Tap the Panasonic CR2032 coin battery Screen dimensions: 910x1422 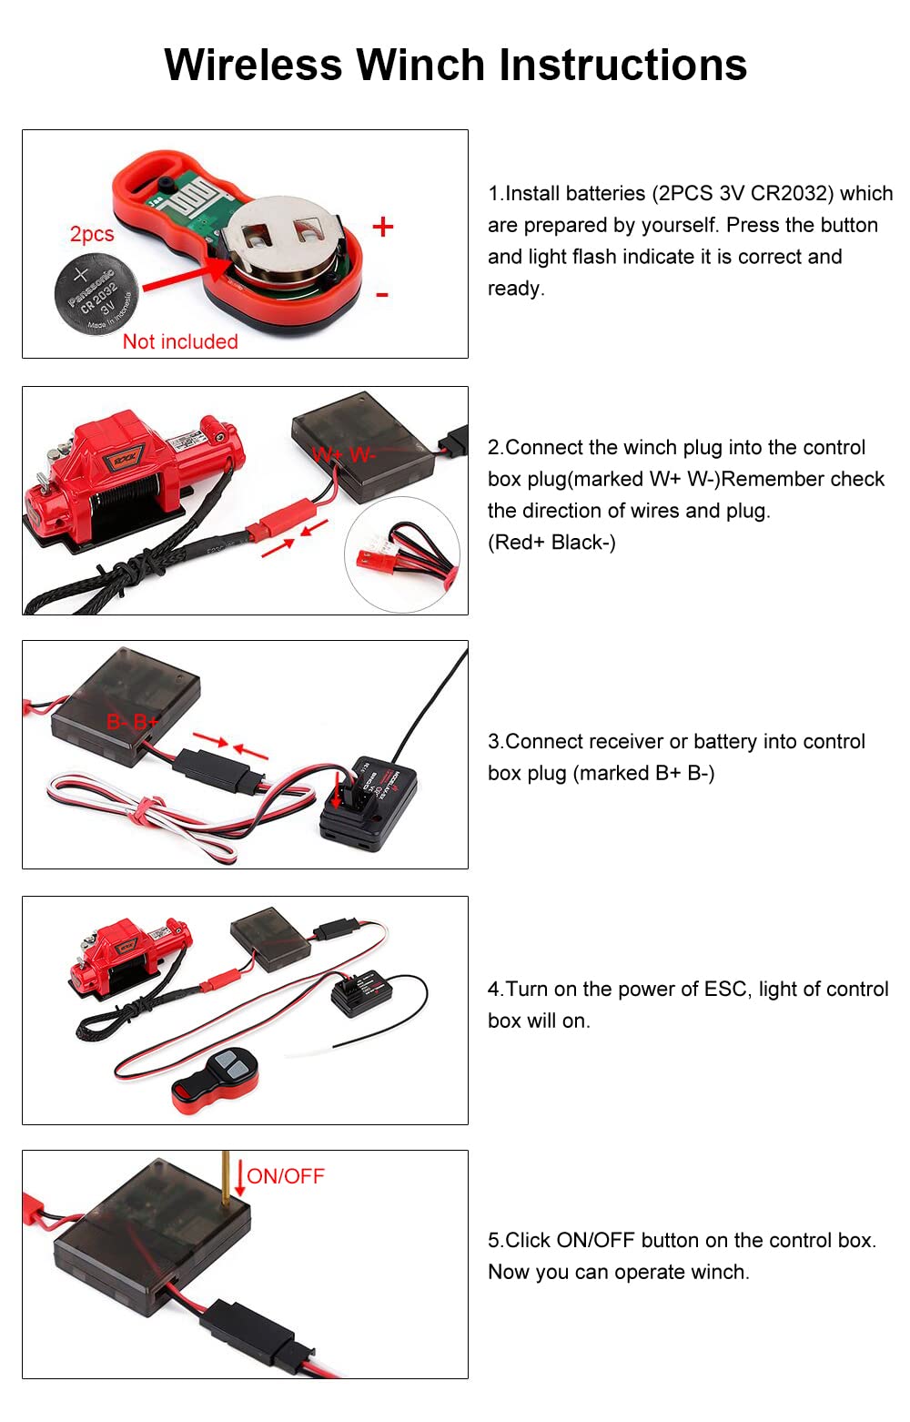click(96, 293)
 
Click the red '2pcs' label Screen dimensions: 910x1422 click(92, 234)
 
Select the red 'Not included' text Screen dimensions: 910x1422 click(180, 341)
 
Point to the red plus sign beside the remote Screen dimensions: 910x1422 click(383, 227)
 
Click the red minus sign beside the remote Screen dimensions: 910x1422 click(382, 295)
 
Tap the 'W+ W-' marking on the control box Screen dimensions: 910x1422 click(344, 455)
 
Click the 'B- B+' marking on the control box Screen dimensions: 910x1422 click(133, 722)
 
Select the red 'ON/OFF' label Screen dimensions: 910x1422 click(286, 1176)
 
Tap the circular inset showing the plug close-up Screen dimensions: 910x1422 click(401, 554)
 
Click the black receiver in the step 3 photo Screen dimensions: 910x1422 click(368, 803)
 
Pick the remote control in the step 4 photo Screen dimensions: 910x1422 click(216, 1081)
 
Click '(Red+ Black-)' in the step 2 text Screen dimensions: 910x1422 click(551, 543)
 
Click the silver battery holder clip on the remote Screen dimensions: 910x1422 click(282, 239)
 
